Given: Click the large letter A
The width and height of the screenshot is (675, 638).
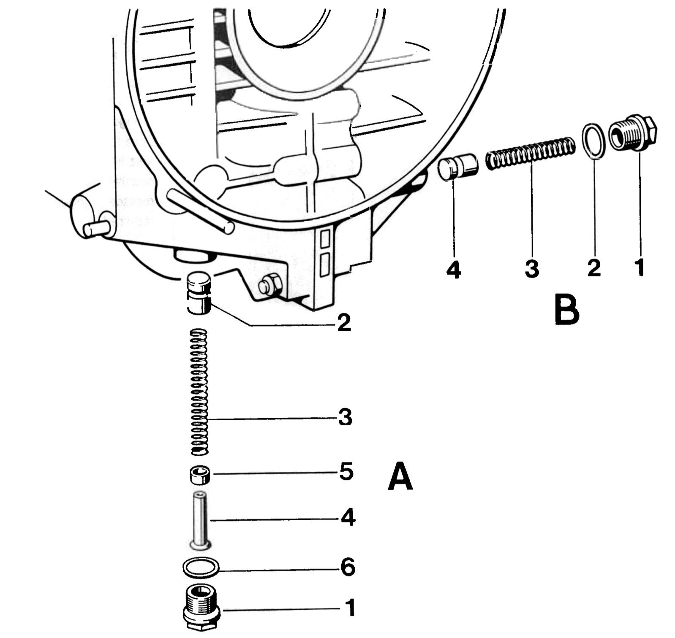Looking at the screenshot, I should (400, 476).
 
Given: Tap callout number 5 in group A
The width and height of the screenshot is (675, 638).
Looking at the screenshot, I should (346, 472).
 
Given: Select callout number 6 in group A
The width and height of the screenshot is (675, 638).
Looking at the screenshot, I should (348, 568).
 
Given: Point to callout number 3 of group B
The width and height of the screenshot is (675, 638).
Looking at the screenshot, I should (532, 268).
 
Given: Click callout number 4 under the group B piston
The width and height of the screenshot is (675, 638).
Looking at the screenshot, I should (454, 269).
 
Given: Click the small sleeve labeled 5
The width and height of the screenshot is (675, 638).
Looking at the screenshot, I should (199, 475).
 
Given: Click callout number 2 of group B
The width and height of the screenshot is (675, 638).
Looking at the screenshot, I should (594, 268).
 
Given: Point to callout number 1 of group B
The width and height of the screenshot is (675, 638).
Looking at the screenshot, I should (640, 267).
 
